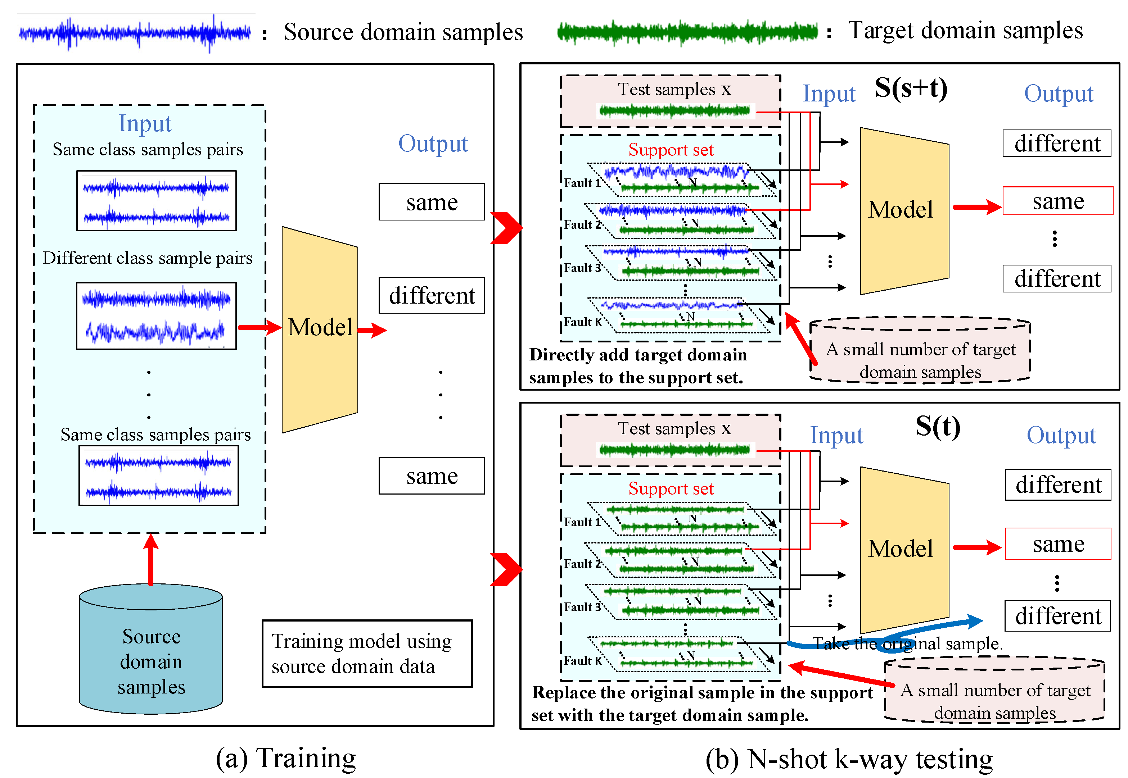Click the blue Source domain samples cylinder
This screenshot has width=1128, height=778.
(151, 653)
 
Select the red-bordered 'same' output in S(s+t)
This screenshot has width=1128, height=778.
(1057, 201)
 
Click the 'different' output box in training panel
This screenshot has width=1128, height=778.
(431, 295)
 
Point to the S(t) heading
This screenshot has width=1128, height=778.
(937, 427)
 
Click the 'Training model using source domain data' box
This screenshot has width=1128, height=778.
(367, 653)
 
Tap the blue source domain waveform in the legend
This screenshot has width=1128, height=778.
(135, 33)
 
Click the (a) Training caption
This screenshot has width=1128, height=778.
(286, 757)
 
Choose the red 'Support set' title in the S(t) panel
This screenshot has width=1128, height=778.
(671, 488)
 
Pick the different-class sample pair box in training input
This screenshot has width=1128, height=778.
(156, 316)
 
